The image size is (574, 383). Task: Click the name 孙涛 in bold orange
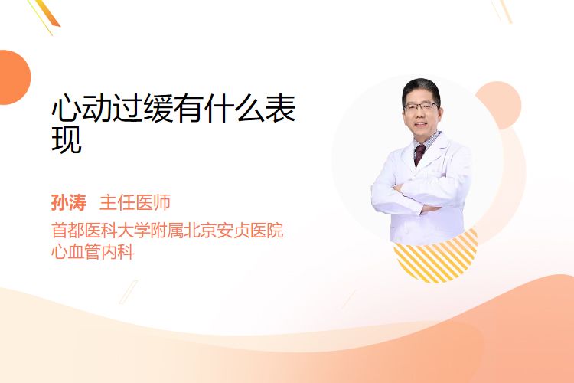(69, 203)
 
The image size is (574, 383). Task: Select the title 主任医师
(135, 203)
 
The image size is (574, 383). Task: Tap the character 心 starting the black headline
(66, 108)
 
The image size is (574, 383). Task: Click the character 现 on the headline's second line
(67, 139)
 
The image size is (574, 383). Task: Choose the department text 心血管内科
(93, 252)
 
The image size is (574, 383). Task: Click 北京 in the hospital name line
(199, 231)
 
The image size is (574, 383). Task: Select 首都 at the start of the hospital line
(67, 231)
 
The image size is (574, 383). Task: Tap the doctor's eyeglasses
(420, 106)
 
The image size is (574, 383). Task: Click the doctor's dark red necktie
(419, 154)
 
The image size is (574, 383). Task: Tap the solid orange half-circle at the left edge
(14, 77)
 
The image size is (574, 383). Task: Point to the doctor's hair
(421, 87)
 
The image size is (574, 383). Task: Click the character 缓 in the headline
(158, 108)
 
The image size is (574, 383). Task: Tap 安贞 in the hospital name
(233, 231)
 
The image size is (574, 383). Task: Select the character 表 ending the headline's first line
(280, 108)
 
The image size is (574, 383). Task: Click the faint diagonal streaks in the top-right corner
(501, 10)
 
